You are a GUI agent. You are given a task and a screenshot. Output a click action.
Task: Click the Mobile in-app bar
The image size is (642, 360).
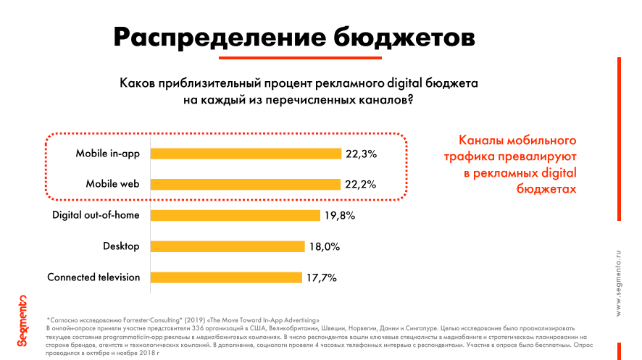click(246, 154)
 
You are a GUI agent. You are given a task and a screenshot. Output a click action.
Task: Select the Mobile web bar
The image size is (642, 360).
click(246, 184)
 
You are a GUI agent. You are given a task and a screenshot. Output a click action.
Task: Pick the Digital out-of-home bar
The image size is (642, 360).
click(235, 215)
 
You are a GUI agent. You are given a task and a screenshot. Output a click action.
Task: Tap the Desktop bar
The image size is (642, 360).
click(228, 246)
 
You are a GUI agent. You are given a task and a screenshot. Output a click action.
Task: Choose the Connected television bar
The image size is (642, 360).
click(226, 277)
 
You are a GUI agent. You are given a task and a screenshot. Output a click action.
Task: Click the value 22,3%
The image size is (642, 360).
click(361, 154)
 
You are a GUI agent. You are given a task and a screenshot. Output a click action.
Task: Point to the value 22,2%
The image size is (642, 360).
click(360, 184)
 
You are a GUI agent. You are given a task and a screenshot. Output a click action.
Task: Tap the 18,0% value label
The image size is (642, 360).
click(325, 246)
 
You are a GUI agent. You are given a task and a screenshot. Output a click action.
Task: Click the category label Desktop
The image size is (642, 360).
click(121, 246)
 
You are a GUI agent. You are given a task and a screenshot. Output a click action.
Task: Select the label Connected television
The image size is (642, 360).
click(93, 277)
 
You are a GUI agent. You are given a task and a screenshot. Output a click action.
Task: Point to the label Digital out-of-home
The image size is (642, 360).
click(96, 215)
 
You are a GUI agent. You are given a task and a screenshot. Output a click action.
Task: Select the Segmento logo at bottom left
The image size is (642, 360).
click(22, 321)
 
